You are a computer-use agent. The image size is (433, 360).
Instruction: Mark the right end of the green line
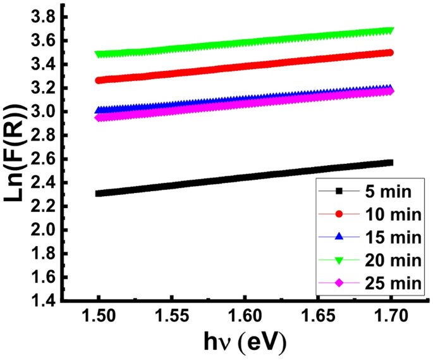tap(390, 30)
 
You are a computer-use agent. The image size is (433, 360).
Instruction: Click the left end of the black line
tap(99, 193)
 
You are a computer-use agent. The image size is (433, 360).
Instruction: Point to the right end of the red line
tap(390, 53)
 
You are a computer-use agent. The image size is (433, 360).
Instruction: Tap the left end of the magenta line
tap(99, 118)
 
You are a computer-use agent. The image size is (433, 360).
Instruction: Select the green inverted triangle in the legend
tap(338, 259)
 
